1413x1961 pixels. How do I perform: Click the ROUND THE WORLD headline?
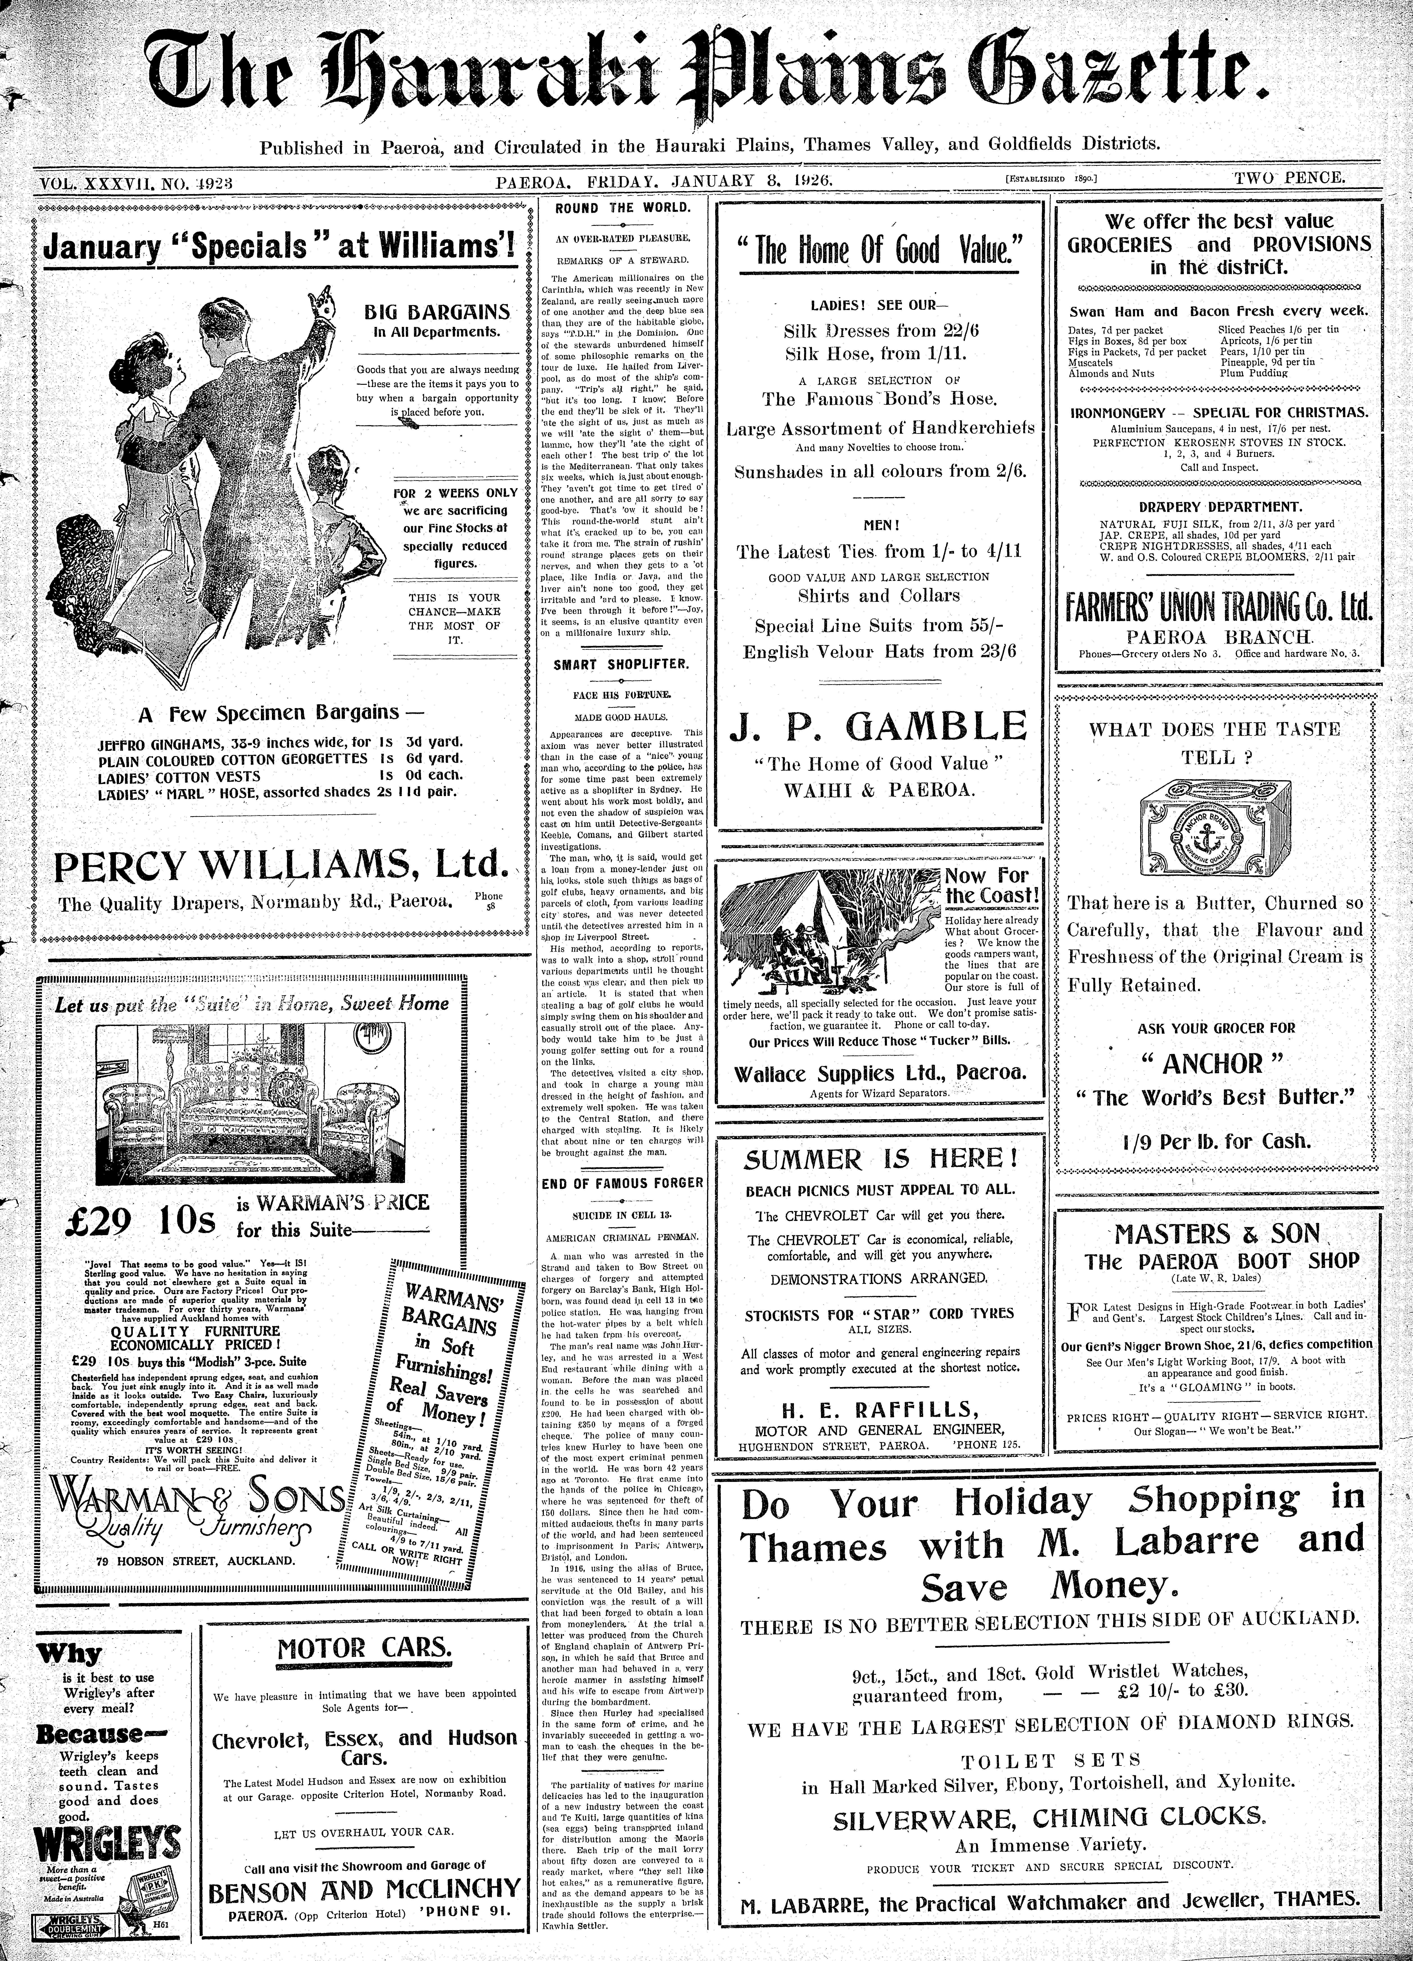point(623,208)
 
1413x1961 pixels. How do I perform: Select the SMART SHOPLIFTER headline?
point(622,664)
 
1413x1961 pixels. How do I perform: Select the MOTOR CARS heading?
point(364,1647)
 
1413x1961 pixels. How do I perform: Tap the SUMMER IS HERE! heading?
point(880,1159)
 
